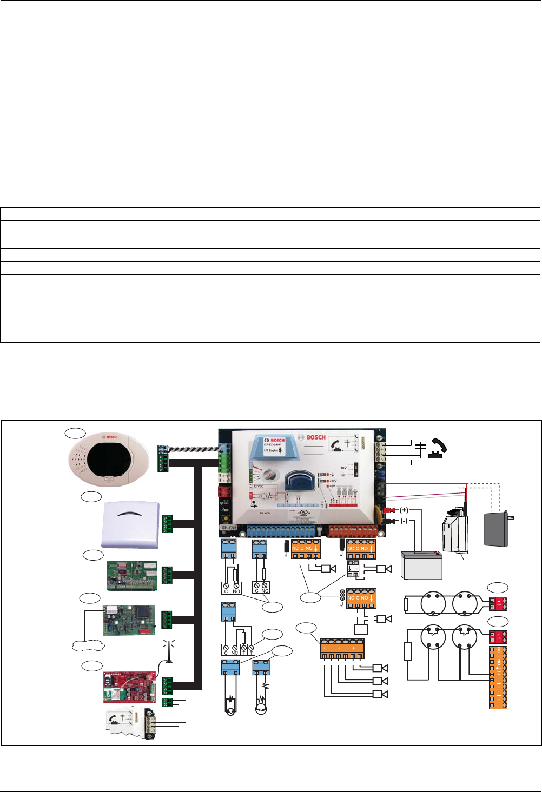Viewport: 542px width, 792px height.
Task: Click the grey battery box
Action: point(421,565)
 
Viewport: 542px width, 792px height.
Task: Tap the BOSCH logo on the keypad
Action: point(111,437)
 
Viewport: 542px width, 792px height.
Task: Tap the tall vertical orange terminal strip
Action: point(498,677)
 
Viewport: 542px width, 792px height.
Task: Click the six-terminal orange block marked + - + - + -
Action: point(342,649)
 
